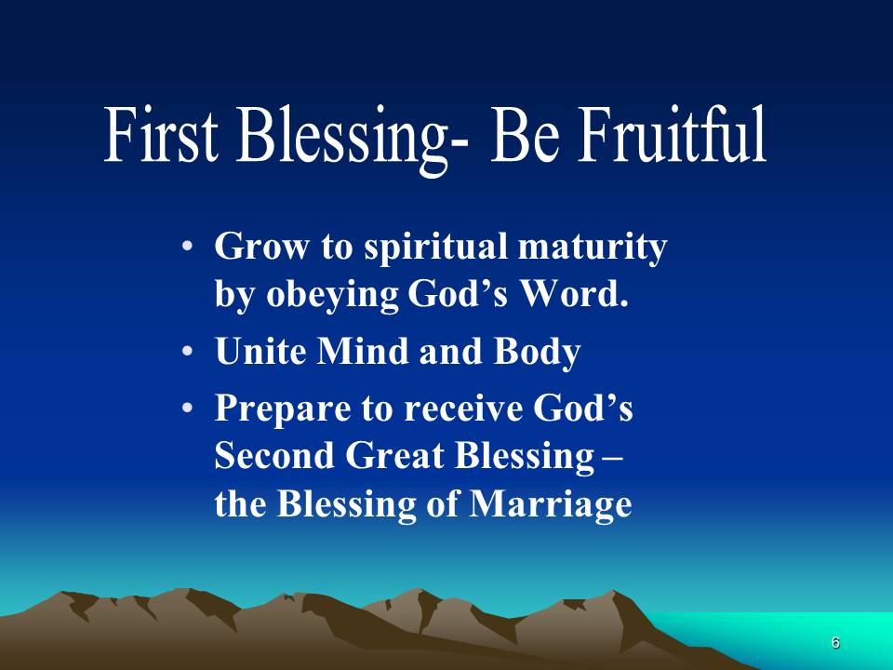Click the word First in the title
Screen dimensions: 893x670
click(161, 134)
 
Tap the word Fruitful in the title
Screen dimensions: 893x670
click(672, 134)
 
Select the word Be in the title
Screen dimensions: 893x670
click(525, 134)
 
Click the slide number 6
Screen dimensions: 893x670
click(835, 643)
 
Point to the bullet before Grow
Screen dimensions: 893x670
click(187, 248)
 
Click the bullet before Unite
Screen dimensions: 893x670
click(187, 352)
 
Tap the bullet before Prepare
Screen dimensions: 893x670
click(187, 409)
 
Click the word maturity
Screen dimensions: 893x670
click(593, 248)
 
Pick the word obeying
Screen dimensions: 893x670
click(332, 296)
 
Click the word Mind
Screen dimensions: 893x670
click(362, 351)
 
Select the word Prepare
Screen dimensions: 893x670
click(282, 409)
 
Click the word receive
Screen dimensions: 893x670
click(462, 409)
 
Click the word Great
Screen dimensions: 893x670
click(394, 456)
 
